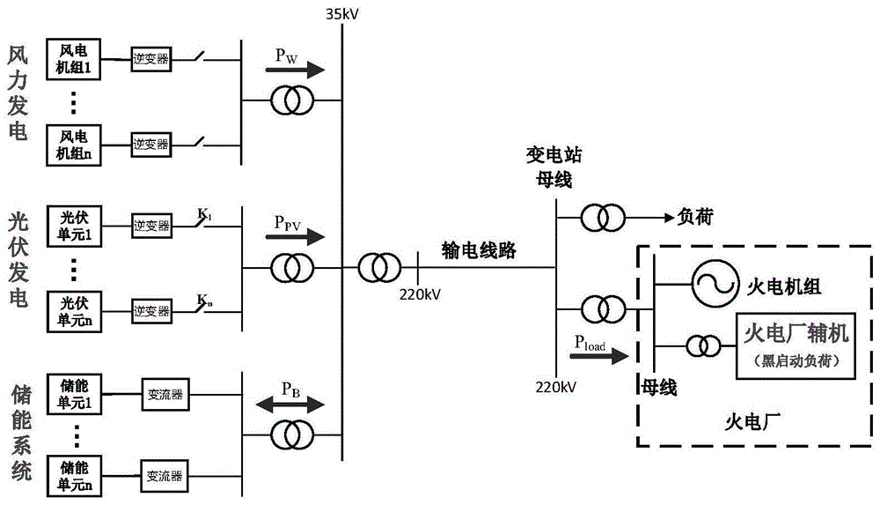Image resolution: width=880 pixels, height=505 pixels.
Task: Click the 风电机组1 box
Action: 75,58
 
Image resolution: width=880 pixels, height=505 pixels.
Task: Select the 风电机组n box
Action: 75,143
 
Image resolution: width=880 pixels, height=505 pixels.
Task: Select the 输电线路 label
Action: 479,250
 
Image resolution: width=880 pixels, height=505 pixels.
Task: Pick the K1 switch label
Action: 204,213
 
